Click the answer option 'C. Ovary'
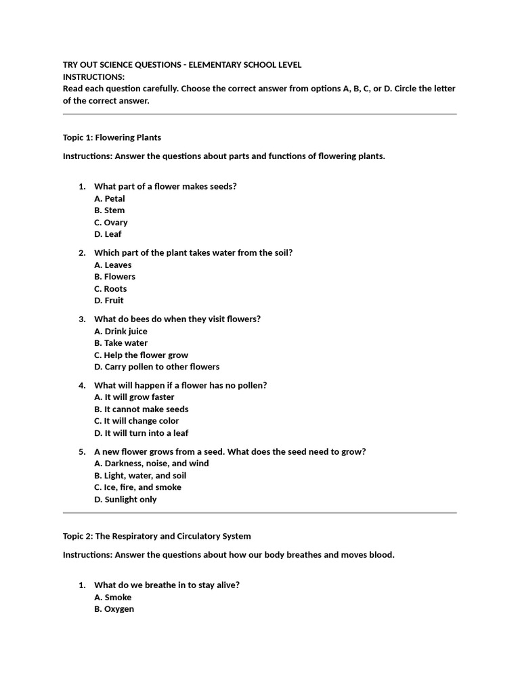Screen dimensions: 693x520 pos(111,222)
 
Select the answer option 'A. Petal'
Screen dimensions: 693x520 pos(110,198)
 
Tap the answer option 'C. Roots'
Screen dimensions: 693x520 pos(110,288)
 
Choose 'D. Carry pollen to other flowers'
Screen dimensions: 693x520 pos(157,367)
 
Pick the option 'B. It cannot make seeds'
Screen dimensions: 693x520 pos(142,409)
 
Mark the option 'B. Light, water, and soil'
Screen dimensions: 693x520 pos(140,475)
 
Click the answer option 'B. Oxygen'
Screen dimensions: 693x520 pos(114,609)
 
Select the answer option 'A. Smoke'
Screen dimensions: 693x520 pos(113,597)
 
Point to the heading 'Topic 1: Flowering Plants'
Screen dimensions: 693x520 pos(112,137)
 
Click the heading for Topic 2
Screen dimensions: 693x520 pos(156,536)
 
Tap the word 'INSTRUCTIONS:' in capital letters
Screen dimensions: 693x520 pos(93,76)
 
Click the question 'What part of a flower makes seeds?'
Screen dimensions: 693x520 pos(165,186)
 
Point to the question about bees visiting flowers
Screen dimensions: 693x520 pos(177,319)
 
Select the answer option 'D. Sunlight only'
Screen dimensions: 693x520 pos(125,499)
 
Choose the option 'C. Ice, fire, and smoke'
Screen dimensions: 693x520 pos(137,487)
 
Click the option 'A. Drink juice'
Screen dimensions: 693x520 pos(121,331)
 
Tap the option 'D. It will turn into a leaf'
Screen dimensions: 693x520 pos(142,433)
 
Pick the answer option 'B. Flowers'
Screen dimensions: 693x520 pos(115,276)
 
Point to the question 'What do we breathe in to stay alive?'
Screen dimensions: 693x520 pos(167,585)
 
